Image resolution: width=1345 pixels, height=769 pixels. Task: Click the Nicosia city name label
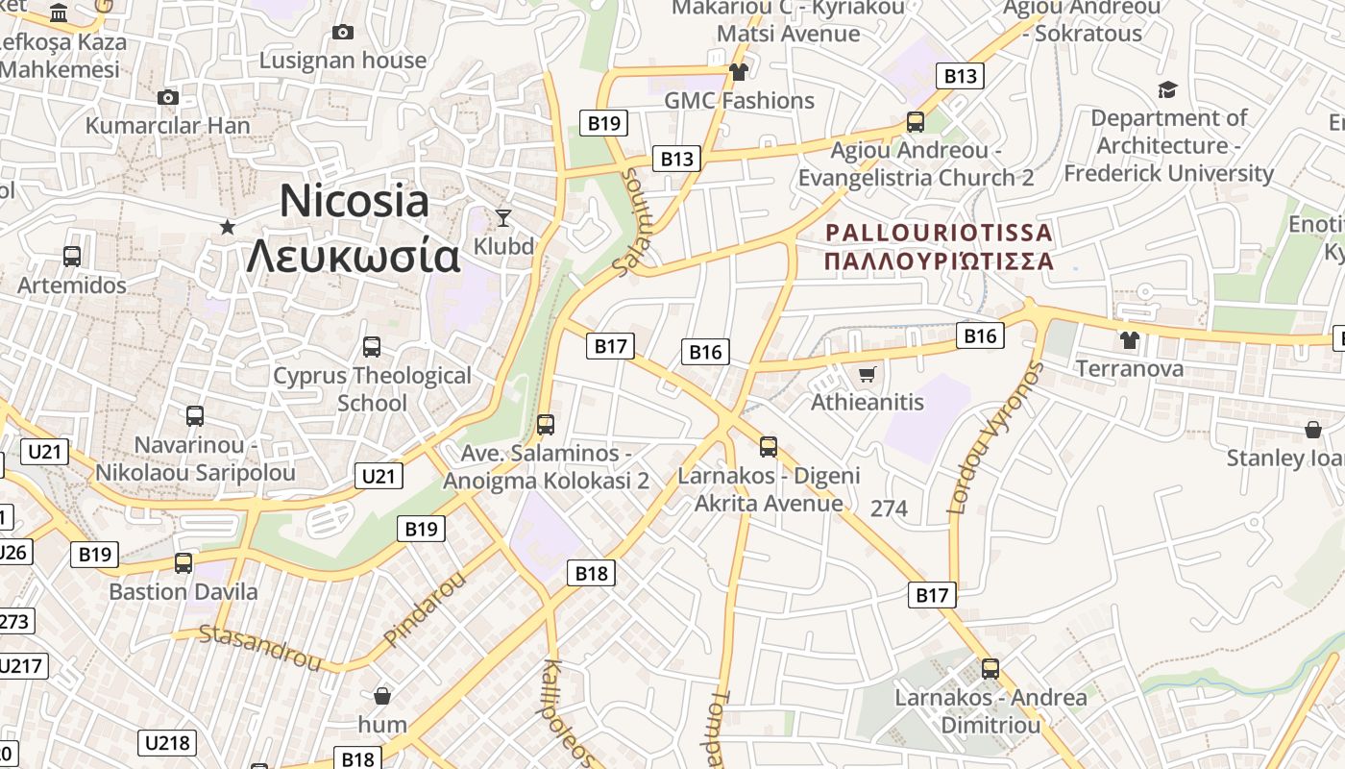point(354,201)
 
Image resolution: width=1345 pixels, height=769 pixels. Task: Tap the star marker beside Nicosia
point(228,227)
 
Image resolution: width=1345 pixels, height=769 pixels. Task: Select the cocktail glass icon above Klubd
point(502,218)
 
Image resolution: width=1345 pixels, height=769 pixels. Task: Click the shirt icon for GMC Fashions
point(738,72)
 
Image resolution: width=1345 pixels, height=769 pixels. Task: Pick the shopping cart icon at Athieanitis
point(868,374)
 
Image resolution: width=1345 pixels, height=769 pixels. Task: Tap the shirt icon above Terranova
point(1129,340)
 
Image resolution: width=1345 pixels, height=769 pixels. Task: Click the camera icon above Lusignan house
point(342,33)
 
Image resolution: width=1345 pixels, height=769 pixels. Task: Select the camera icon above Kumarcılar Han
point(167,98)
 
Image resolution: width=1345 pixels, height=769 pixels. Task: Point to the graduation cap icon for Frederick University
point(1167,90)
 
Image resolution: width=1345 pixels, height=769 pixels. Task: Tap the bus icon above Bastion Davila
point(183,563)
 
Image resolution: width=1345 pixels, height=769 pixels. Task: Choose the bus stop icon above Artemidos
point(72,257)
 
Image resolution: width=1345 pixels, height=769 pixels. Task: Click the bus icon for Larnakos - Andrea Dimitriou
point(990,669)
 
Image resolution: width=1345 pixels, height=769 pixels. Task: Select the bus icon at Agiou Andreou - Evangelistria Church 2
point(916,123)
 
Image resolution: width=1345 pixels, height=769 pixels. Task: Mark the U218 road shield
point(168,742)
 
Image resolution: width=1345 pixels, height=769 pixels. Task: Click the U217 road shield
point(21,666)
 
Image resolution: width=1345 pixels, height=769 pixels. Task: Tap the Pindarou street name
point(424,608)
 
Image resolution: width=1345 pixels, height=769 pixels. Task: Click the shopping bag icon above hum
point(382,696)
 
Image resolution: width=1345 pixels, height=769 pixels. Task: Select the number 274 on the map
point(889,509)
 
